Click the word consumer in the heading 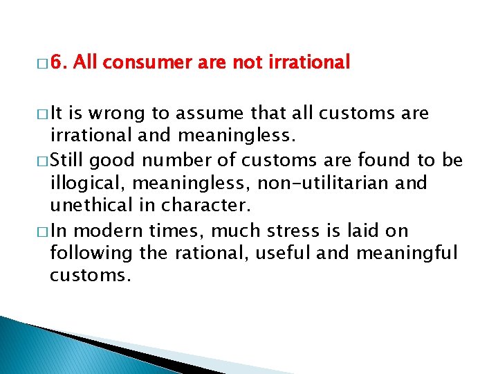(149, 63)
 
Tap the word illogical (78, 184)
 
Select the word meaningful (407, 254)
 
